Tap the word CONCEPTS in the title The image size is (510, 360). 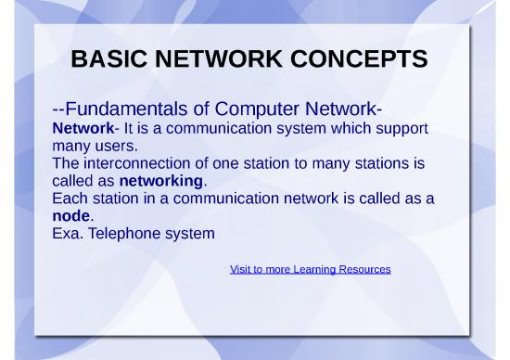[x=360, y=59]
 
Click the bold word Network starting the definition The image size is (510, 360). [x=83, y=127]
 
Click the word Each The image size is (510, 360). [x=70, y=198]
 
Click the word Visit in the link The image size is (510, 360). [x=240, y=269]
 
